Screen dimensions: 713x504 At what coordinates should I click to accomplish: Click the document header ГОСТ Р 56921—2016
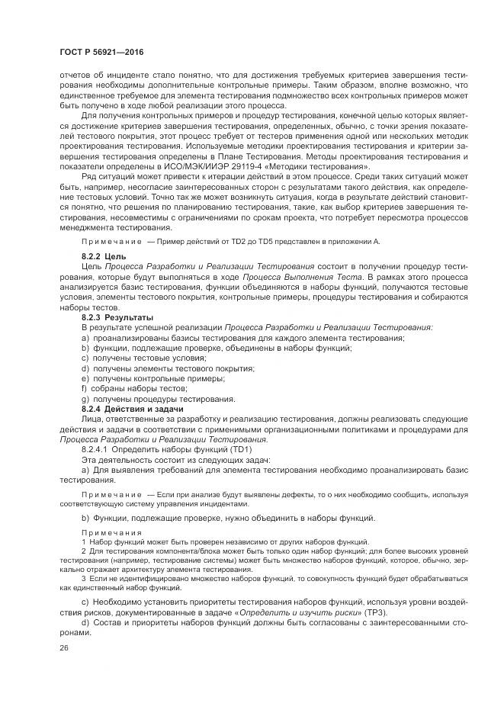[101, 53]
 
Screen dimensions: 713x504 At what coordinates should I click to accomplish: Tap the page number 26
[63, 647]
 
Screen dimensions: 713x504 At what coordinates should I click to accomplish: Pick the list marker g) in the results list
[85, 399]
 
